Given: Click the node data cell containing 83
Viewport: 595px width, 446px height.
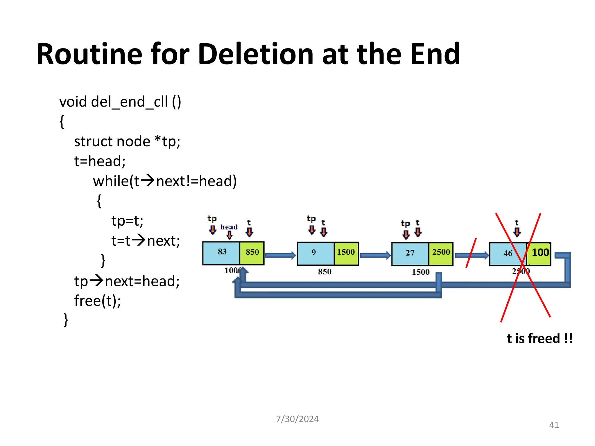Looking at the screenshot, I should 221,253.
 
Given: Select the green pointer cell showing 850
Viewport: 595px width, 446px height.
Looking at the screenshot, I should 252,253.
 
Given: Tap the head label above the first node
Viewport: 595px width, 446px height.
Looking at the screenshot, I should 229,227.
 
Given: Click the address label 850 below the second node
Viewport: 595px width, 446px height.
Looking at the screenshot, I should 325,272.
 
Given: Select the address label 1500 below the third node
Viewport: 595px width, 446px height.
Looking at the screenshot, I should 420,272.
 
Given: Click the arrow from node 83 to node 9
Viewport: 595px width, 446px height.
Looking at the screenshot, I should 280,255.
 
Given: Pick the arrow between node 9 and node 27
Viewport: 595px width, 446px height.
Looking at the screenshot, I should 375,255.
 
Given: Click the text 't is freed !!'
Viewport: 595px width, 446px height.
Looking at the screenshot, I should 540,339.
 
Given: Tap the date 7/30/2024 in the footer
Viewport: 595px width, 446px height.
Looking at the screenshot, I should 297,419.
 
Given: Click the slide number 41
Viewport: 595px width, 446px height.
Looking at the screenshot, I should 554,425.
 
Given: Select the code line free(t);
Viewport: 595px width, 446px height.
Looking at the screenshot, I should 98,301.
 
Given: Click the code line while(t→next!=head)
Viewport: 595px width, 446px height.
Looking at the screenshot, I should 165,181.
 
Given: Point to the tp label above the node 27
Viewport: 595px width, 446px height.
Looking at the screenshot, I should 405,224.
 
